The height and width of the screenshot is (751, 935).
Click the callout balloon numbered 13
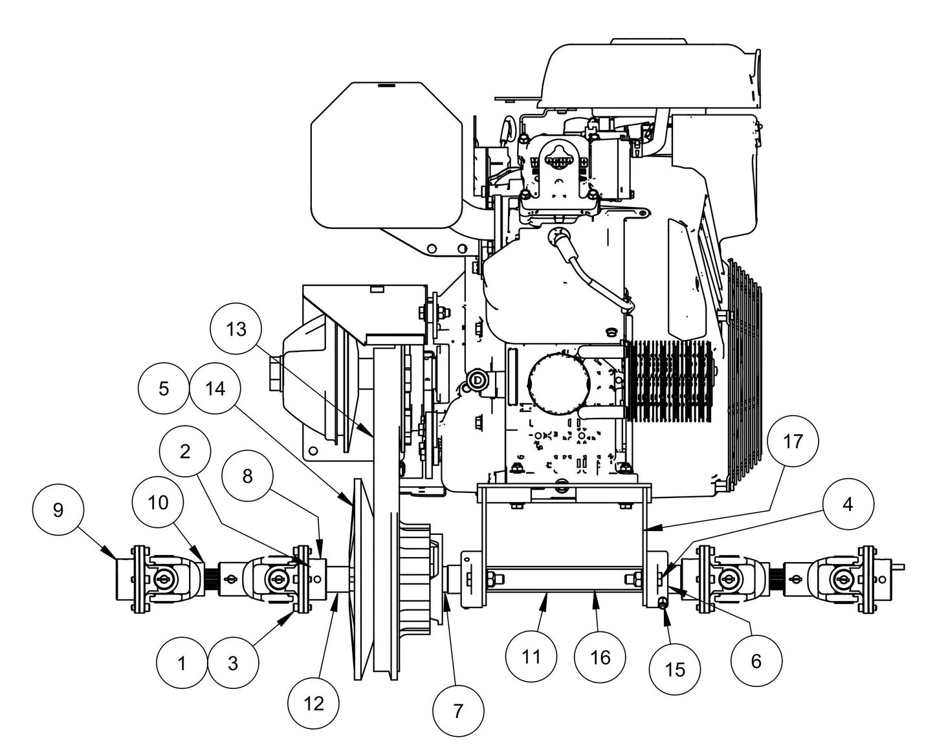(236, 329)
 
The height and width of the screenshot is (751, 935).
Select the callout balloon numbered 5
(164, 388)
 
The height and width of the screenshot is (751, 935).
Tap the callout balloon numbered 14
(215, 388)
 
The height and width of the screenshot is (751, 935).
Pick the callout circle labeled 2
(185, 452)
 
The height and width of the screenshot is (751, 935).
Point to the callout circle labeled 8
(247, 476)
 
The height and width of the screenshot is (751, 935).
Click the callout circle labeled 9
(58, 510)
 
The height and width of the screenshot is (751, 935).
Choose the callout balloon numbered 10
(158, 502)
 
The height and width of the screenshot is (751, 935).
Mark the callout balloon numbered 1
(182, 663)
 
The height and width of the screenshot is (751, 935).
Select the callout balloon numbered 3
(233, 663)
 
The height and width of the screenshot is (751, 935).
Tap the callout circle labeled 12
(314, 702)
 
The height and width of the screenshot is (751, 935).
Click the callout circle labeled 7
(458, 711)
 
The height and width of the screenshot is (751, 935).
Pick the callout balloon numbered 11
(531, 657)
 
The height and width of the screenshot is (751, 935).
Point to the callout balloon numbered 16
(600, 657)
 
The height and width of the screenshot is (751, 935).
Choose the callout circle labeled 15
(675, 669)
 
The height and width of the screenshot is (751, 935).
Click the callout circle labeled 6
(756, 660)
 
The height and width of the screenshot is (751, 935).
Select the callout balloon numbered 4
(848, 504)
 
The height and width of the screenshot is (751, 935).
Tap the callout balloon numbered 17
(793, 441)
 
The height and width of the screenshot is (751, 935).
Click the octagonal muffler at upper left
(386, 155)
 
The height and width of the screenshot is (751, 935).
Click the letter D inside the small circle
(478, 380)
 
